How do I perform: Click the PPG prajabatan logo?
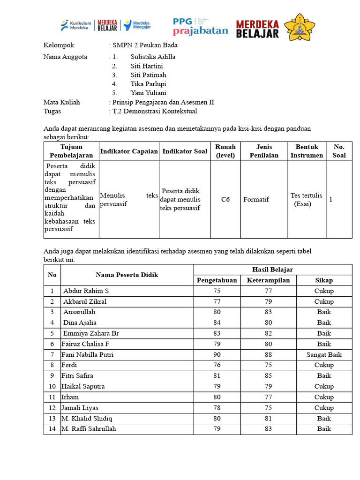click(x=200, y=27)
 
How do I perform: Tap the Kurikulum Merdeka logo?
click(x=76, y=25)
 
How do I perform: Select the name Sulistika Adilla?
click(x=153, y=57)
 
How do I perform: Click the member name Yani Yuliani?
click(x=148, y=93)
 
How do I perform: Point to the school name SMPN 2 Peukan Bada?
click(x=145, y=45)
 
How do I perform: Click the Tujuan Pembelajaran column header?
click(x=71, y=151)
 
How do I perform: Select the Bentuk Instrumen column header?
click(x=307, y=151)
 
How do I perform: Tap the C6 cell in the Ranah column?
click(x=225, y=200)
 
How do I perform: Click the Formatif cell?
click(x=256, y=200)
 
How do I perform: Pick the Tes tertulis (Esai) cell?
click(x=306, y=200)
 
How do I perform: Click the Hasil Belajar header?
click(x=272, y=269)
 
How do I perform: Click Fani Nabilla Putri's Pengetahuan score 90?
click(x=217, y=355)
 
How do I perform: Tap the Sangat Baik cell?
click(x=324, y=355)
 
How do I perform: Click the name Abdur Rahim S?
click(x=86, y=291)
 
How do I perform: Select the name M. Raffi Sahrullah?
click(x=89, y=429)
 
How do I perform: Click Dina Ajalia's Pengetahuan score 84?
click(x=217, y=322)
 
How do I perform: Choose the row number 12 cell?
click(x=52, y=408)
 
